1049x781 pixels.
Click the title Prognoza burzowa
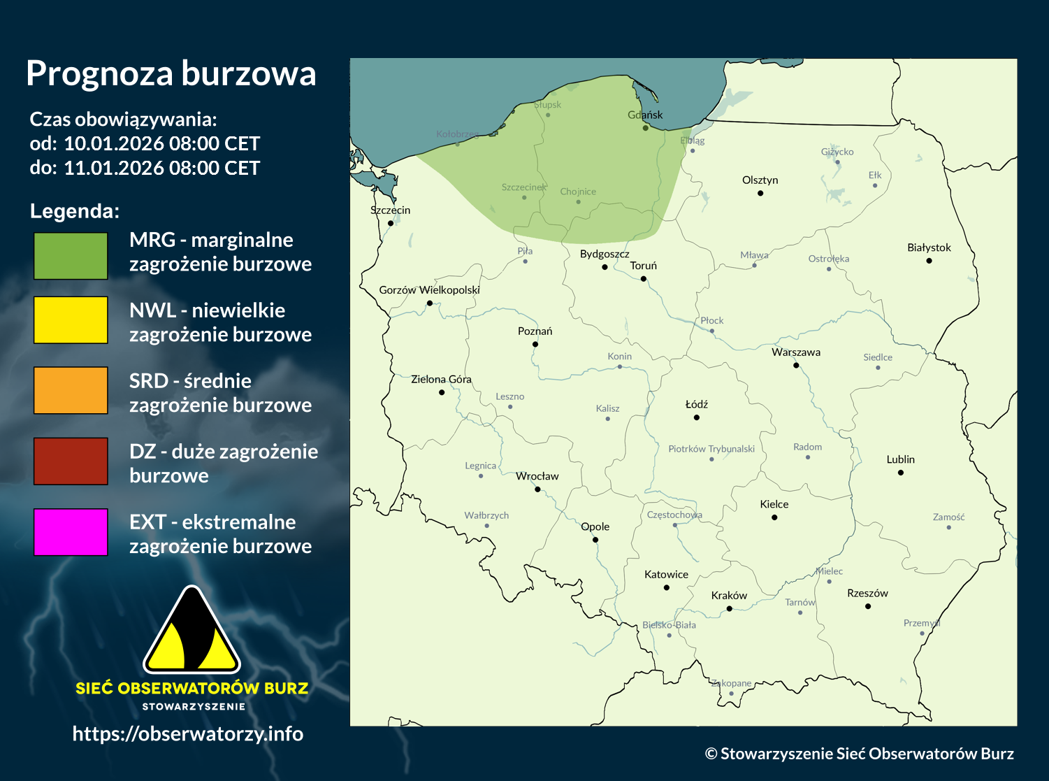pos(171,73)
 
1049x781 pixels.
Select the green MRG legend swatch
pos(71,257)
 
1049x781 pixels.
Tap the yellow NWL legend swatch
pos(71,320)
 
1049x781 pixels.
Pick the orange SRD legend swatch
pos(71,391)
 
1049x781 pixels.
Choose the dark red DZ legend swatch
pos(71,461)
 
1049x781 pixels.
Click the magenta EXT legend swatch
pos(71,532)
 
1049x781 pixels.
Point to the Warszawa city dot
pos(796,365)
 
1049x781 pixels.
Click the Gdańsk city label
pos(645,115)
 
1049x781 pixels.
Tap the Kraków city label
pos(729,596)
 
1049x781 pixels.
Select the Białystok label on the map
pos(929,248)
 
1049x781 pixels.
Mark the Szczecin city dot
pos(391,223)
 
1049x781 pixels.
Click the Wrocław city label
pos(537,476)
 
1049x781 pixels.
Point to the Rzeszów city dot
pos(868,606)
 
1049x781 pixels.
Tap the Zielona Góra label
pos(441,379)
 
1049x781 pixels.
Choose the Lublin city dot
pos(901,473)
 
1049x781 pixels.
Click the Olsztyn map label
pos(760,180)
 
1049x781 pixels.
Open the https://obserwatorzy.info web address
pos(188,733)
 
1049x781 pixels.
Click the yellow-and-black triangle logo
pos(191,631)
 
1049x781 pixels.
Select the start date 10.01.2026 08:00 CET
pos(161,144)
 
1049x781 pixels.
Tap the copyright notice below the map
pos(859,753)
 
